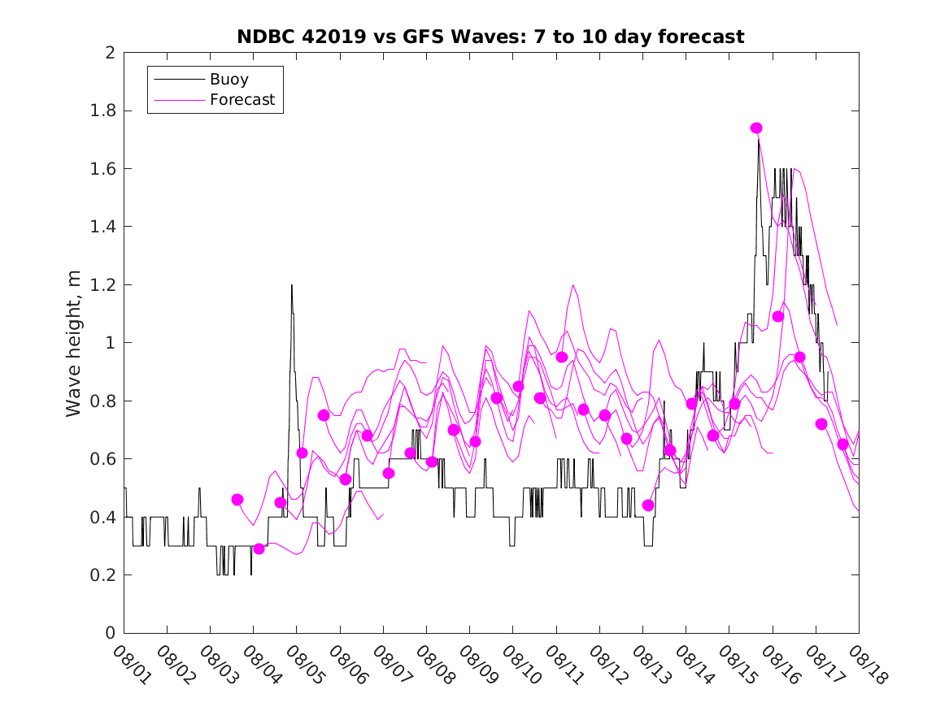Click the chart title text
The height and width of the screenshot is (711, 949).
pos(490,37)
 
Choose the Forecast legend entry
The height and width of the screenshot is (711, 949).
pos(242,101)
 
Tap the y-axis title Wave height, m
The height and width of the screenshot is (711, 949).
pos(74,343)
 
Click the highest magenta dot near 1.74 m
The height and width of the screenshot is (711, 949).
pos(756,128)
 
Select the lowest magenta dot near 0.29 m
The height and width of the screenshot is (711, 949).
pos(259,548)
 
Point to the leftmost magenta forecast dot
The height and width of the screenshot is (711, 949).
pos(237,499)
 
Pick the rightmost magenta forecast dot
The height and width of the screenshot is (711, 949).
pos(842,444)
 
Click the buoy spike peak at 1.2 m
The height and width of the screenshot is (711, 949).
pos(291,285)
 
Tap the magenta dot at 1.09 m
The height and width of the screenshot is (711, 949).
pos(777,316)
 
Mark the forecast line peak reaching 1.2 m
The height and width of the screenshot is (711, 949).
pos(573,285)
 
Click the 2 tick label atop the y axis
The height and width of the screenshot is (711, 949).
pos(109,53)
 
